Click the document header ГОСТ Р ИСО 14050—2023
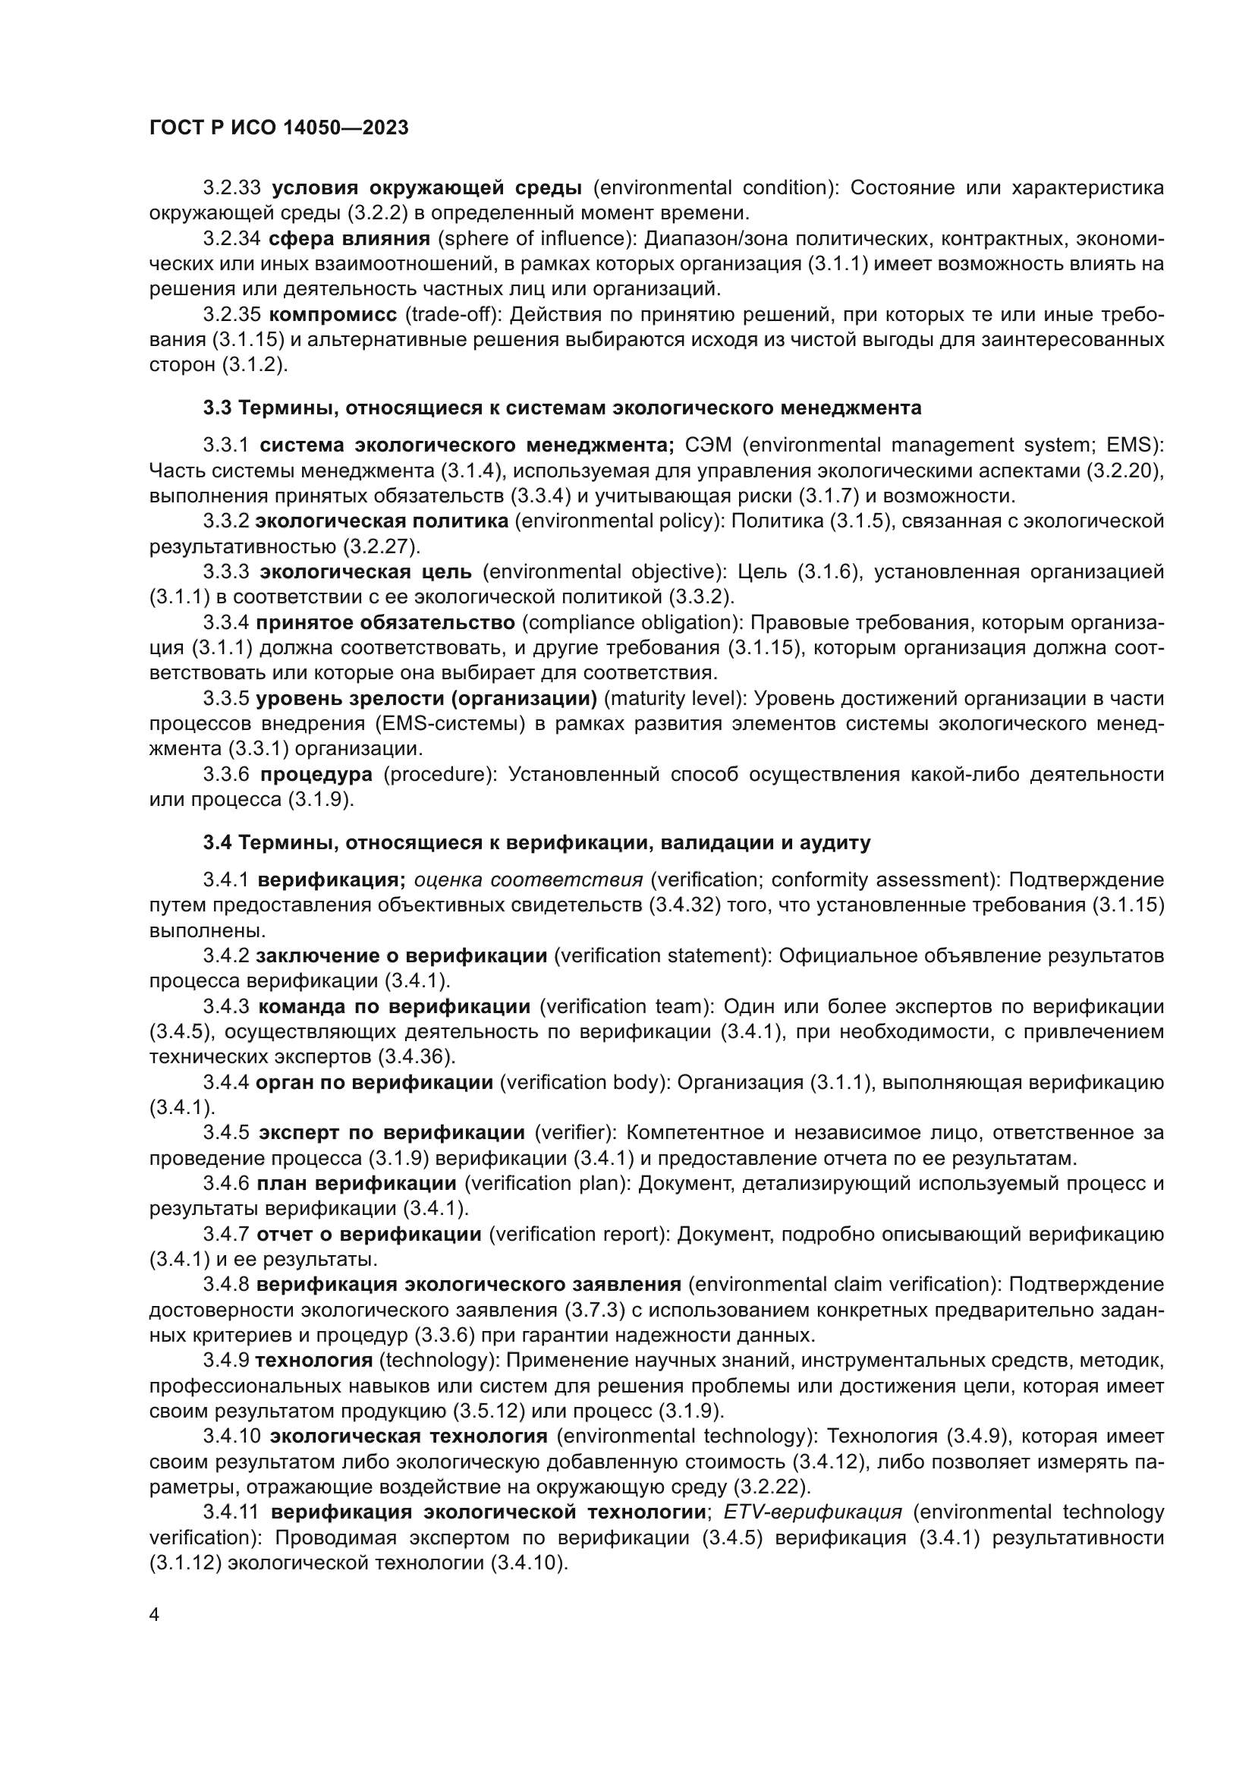coord(278,128)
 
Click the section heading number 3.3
coord(217,408)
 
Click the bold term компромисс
coord(333,315)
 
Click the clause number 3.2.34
coord(232,239)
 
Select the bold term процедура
coord(316,774)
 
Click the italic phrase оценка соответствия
coord(529,880)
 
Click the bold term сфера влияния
coord(349,239)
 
